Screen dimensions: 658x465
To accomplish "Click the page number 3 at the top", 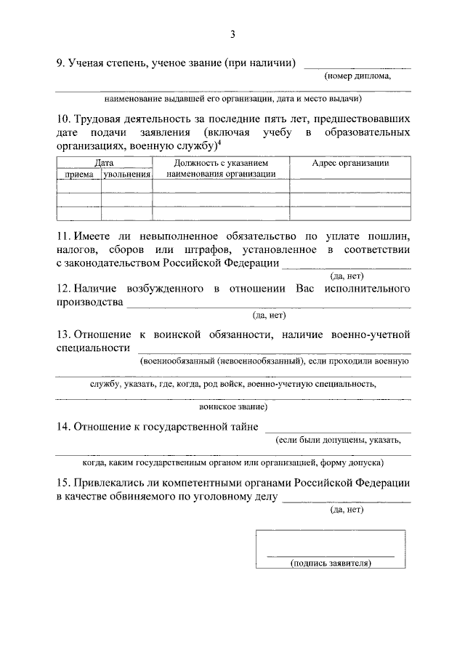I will pyautogui.click(x=232, y=34).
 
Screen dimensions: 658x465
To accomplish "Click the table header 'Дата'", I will pyautogui.click(x=104, y=163).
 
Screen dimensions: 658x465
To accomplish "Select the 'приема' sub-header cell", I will pyautogui.click(x=78, y=174).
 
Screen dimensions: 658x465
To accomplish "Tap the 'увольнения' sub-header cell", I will pyautogui.click(x=126, y=174).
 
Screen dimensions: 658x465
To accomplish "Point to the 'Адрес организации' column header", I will pyautogui.click(x=350, y=163).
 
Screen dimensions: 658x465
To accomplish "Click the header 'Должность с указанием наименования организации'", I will pyautogui.click(x=221, y=168).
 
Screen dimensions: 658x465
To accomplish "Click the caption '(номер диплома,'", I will pyautogui.click(x=357, y=76).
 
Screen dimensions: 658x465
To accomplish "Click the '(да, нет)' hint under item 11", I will pyautogui.click(x=346, y=276).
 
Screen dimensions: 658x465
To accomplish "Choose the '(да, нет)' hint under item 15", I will pyautogui.click(x=346, y=510).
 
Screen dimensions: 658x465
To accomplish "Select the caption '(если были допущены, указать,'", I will pyautogui.click(x=336, y=440).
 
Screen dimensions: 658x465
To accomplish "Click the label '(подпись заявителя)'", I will pyautogui.click(x=331, y=563).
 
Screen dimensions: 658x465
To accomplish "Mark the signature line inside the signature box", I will pyautogui.click(x=331, y=555).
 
